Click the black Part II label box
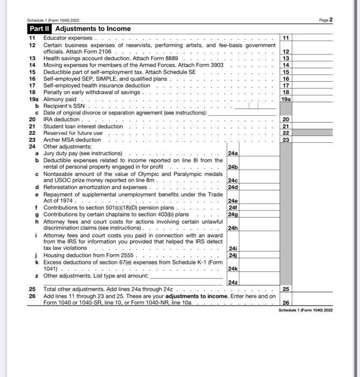point(40,29)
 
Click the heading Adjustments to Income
point(93,29)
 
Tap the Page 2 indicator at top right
point(327,20)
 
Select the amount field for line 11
point(312,38)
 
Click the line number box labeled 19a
point(286,100)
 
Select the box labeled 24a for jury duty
point(233,153)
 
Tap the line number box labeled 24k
point(233,268)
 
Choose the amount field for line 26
point(312,303)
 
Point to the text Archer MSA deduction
point(72,140)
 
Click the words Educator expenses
point(68,38)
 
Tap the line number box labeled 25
point(286,289)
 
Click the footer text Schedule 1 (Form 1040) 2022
point(306,311)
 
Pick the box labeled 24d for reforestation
point(233,187)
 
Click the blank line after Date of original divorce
point(242,113)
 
